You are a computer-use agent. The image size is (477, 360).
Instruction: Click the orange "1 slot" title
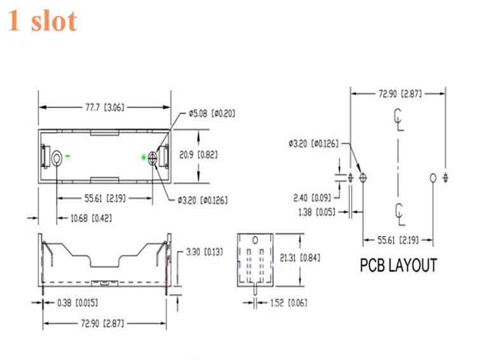pos(43,20)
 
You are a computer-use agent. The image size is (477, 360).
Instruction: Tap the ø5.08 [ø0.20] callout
pos(212,114)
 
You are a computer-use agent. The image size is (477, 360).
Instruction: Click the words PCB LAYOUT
pos(399,265)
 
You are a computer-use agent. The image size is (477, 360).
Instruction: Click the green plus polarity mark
pos(143,156)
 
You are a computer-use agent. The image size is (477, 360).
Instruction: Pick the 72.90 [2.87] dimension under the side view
pos(104,324)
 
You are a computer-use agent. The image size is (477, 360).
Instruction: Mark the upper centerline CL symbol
pos(399,118)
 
